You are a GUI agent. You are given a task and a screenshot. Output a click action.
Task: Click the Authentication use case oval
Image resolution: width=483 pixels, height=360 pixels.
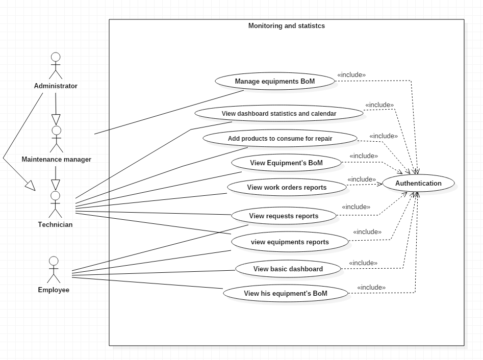coord(418,184)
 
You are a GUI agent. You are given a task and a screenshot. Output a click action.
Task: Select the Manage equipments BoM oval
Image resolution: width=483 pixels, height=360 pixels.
coord(275,82)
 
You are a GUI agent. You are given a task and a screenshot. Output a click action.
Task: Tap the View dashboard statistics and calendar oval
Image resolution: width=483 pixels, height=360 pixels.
coord(279,114)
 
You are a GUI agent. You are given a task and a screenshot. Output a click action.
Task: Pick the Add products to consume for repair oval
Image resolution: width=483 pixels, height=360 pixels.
coord(280,139)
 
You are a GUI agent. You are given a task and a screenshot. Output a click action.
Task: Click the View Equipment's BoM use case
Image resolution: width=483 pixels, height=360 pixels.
coord(286,163)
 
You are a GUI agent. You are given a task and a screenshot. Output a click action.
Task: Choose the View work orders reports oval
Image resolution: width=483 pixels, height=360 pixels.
coord(287,187)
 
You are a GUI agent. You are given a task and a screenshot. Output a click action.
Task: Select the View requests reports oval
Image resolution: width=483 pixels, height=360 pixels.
coord(284,216)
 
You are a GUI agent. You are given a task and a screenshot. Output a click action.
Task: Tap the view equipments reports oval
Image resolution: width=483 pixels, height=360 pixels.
coord(290,242)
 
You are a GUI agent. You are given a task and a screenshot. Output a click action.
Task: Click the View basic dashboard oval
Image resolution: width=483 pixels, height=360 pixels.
coord(288,269)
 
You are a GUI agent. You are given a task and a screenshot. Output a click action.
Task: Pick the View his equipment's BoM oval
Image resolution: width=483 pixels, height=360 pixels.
coord(286,293)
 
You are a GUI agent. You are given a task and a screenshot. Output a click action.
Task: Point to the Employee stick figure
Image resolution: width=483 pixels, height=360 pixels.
coord(54,270)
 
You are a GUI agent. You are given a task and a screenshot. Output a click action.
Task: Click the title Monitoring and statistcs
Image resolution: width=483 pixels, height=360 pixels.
coord(286,25)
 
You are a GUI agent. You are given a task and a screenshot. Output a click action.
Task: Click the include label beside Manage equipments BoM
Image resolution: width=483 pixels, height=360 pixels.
coord(351,75)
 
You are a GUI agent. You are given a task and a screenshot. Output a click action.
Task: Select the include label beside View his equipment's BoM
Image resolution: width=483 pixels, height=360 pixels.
coord(371,288)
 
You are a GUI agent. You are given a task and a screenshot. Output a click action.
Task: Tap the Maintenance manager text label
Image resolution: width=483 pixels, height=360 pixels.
coord(56,160)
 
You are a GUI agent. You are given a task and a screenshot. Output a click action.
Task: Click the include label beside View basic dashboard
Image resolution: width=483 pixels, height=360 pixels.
coord(363,263)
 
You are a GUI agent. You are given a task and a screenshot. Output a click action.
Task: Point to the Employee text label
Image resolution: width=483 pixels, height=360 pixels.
coord(54,290)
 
